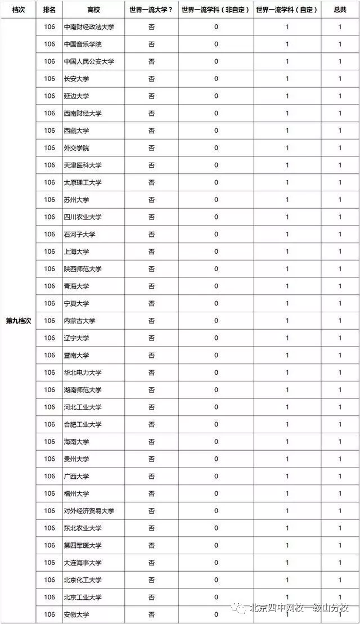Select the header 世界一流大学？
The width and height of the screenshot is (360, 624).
click(151, 10)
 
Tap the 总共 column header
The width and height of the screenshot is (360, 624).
click(340, 10)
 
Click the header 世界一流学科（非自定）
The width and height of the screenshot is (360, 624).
click(216, 10)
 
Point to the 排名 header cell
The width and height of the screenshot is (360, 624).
click(49, 10)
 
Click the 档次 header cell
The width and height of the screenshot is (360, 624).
click(19, 10)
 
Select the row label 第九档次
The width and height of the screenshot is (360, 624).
click(19, 321)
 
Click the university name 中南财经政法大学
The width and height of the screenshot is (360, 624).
click(89, 27)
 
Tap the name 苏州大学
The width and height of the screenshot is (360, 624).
click(76, 200)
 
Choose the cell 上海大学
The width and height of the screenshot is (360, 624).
click(76, 252)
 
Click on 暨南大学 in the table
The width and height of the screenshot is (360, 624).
click(76, 355)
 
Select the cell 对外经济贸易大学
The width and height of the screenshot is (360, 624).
click(89, 511)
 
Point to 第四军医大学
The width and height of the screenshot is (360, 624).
click(82, 545)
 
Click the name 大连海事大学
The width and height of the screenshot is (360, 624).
click(82, 563)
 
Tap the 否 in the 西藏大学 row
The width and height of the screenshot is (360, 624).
click(151, 131)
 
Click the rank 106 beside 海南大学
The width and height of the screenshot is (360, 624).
click(49, 442)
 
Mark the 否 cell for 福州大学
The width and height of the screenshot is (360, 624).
click(151, 493)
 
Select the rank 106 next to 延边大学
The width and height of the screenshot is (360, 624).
click(49, 96)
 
